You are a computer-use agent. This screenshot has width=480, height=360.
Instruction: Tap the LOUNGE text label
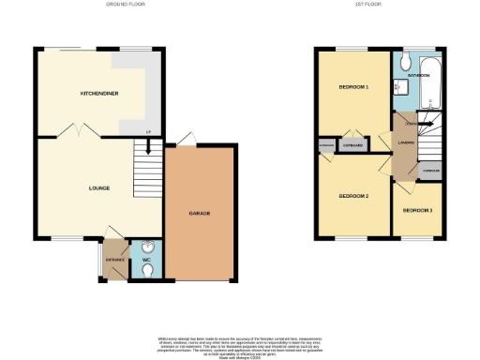tap(99, 187)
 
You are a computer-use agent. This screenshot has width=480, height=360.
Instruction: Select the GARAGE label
tap(199, 214)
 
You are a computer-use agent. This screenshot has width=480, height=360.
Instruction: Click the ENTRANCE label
tap(114, 259)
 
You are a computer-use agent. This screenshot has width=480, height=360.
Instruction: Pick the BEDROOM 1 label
tap(353, 86)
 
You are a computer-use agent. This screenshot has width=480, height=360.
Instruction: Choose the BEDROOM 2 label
tap(352, 196)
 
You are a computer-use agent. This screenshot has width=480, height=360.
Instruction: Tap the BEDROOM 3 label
tap(417, 210)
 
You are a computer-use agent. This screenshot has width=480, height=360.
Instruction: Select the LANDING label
tap(406, 142)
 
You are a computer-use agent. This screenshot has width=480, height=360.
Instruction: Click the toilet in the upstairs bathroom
tap(404, 62)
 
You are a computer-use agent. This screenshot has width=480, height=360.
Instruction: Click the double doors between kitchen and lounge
tap(74, 131)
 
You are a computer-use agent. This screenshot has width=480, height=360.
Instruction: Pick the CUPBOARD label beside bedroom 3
tap(430, 171)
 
